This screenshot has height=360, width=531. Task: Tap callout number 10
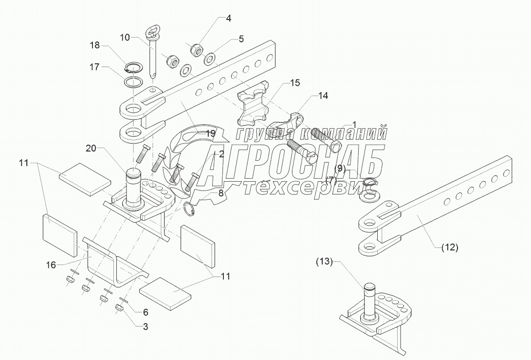pos(125,37)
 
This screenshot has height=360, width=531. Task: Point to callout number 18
pos(94,45)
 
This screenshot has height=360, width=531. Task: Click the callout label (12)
pos(450,247)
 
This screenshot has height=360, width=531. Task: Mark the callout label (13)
pos(325,262)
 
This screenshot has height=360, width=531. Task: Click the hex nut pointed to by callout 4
pos(196,49)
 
